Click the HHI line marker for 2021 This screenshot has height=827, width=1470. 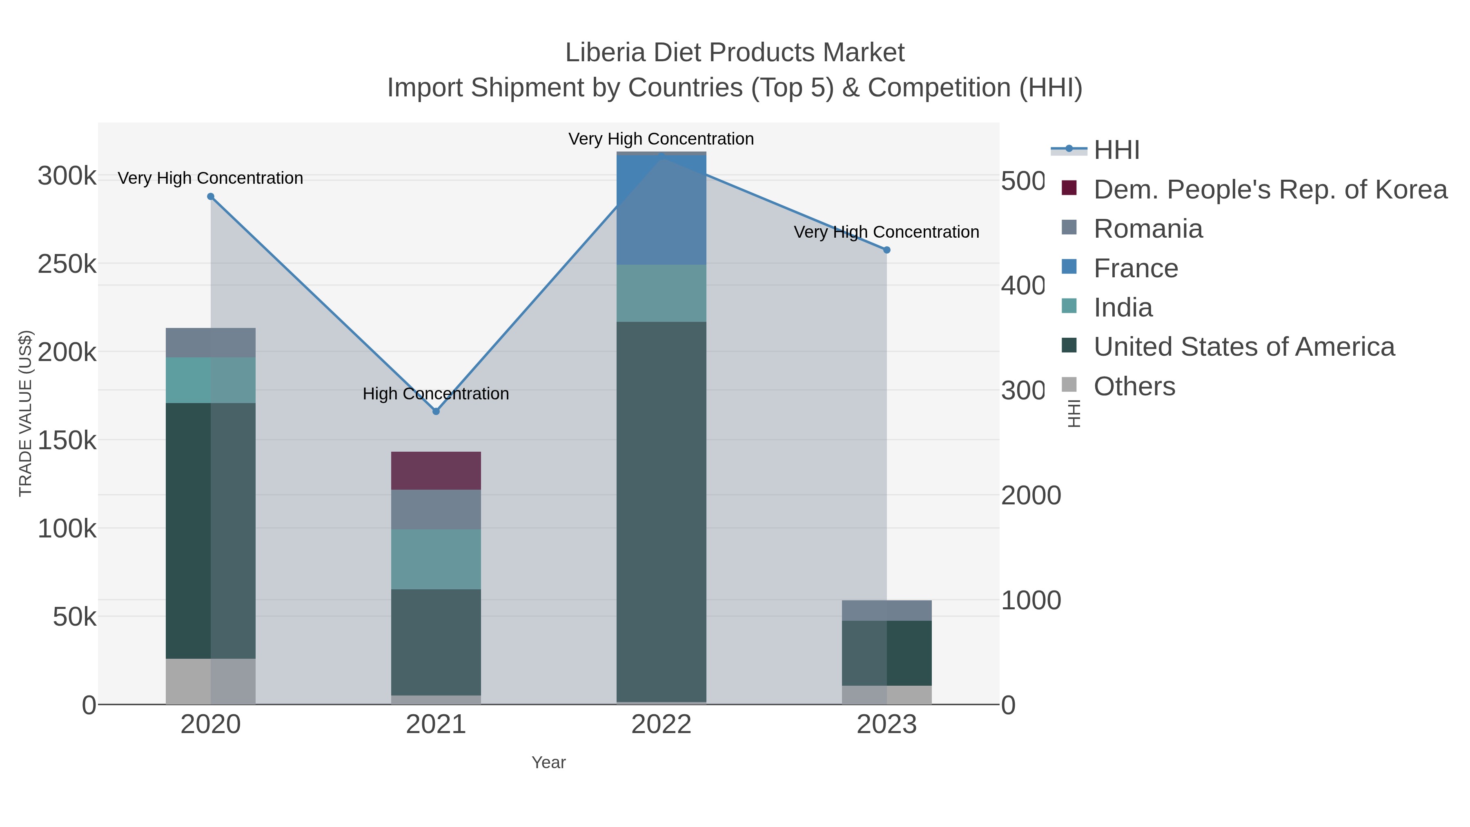point(436,411)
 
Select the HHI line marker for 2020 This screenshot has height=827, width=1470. point(211,196)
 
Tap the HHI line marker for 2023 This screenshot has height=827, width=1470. point(886,250)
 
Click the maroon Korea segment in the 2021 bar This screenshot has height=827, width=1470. point(436,470)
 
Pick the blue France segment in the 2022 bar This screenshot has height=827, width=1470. point(661,210)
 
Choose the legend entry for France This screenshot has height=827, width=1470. point(1135,268)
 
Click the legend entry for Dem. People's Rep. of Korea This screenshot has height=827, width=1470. point(1270,189)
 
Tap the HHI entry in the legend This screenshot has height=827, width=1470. point(1116,150)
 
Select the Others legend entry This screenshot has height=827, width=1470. point(1134,386)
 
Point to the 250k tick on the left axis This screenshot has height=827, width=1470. point(67,264)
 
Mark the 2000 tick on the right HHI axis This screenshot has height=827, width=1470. point(1031,495)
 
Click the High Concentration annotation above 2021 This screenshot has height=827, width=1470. point(436,394)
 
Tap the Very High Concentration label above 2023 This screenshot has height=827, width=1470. point(886,232)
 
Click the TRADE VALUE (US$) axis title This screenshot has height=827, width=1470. point(26,413)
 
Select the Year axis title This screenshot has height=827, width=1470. point(548,762)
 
